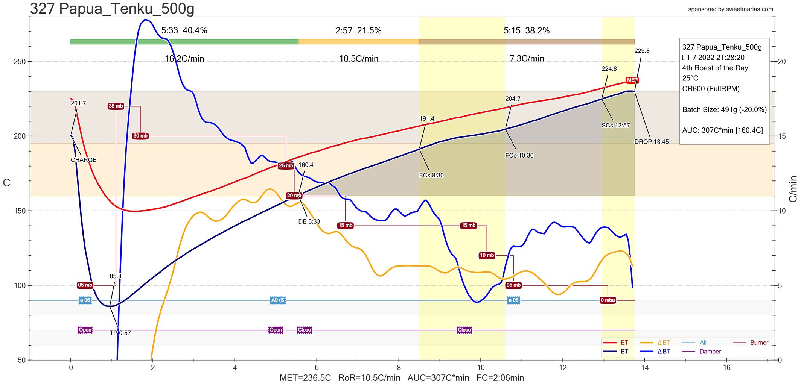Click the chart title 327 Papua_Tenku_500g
click(x=112, y=8)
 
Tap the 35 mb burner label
click(x=116, y=106)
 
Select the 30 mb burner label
click(x=140, y=136)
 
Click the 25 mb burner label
click(x=286, y=165)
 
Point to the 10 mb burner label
click(x=487, y=255)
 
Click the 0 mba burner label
click(x=608, y=300)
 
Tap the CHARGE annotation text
click(x=84, y=160)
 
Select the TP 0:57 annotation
click(x=120, y=333)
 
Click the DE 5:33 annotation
click(x=309, y=221)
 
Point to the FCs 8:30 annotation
click(x=431, y=175)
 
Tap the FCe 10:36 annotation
click(x=519, y=155)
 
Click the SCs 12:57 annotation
click(x=615, y=125)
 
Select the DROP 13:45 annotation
click(x=652, y=142)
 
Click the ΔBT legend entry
click(x=664, y=352)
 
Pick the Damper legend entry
click(x=710, y=352)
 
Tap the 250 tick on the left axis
click(x=20, y=61)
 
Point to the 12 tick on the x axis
click(x=563, y=367)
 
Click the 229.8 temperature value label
click(x=642, y=51)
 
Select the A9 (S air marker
click(x=278, y=300)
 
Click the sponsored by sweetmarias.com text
click(x=731, y=9)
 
